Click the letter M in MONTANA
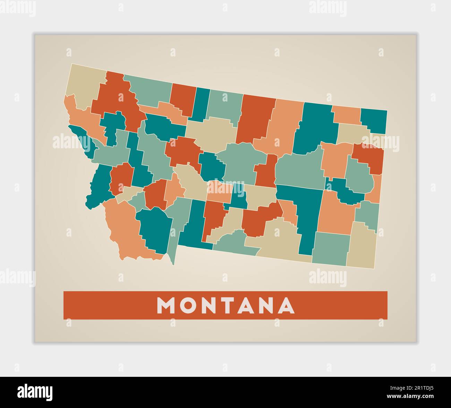tap(166, 305)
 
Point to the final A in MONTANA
tap(287, 305)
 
